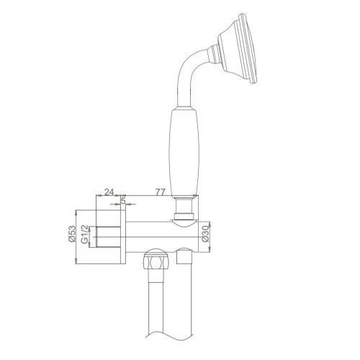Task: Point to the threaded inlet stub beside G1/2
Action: (109, 235)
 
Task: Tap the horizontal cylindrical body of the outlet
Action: (162, 235)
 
